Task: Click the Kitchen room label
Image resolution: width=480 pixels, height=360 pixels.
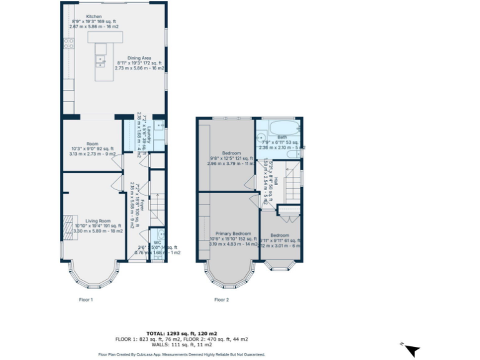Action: [x=94, y=16]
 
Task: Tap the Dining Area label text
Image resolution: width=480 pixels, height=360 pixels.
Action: [x=139, y=57]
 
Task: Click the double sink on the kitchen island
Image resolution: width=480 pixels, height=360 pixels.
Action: [x=99, y=59]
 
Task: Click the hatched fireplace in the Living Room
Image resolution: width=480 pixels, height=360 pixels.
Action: [x=67, y=225]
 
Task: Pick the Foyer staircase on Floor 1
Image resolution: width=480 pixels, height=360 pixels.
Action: [x=158, y=209]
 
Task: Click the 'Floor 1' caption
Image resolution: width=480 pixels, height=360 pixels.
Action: [x=86, y=299]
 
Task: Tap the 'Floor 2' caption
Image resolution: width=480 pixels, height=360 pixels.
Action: [x=221, y=299]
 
